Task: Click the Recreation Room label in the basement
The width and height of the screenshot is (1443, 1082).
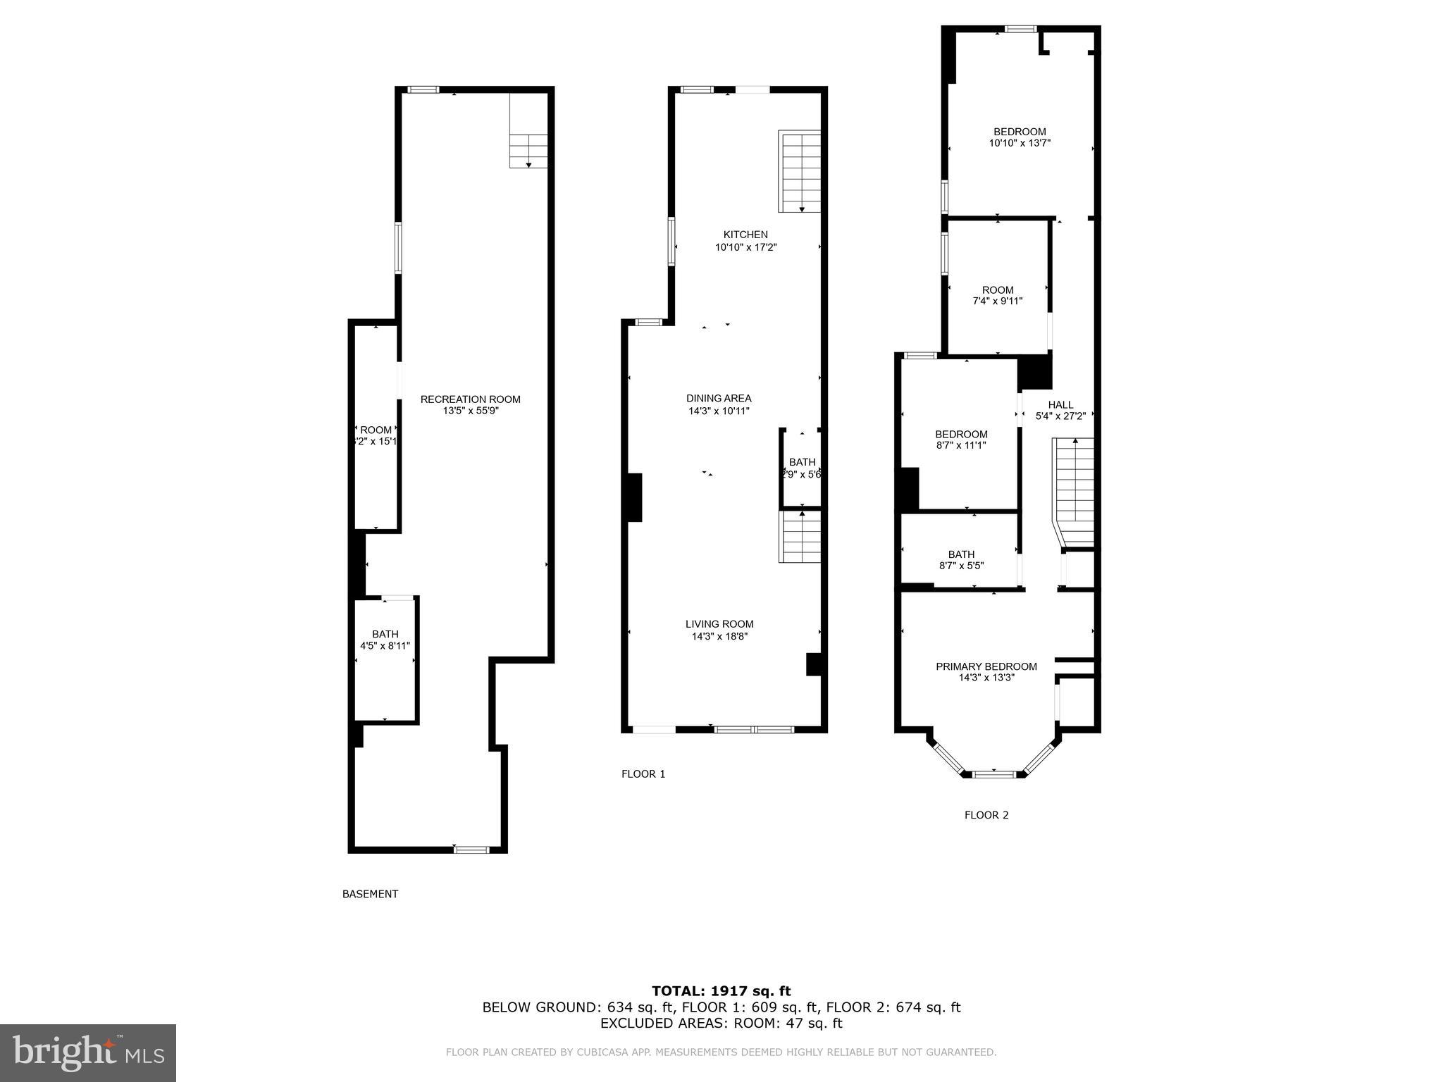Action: tap(470, 399)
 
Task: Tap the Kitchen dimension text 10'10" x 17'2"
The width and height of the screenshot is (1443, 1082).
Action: tap(745, 247)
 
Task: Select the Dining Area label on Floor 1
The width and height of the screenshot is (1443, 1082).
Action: tap(719, 398)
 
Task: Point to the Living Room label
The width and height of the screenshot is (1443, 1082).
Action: tap(719, 624)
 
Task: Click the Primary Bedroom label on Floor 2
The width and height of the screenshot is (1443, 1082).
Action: tap(986, 666)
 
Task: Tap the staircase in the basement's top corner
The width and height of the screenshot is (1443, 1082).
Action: tap(528, 149)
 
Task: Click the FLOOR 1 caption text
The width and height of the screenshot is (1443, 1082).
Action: tap(643, 774)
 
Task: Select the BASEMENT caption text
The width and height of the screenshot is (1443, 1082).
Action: tap(370, 894)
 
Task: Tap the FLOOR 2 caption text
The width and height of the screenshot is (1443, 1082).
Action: tap(986, 815)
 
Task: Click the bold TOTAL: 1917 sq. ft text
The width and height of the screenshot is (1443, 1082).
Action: tap(721, 991)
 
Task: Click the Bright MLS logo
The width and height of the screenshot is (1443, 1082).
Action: tap(88, 1052)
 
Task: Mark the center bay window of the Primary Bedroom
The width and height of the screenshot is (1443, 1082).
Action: tap(993, 774)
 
